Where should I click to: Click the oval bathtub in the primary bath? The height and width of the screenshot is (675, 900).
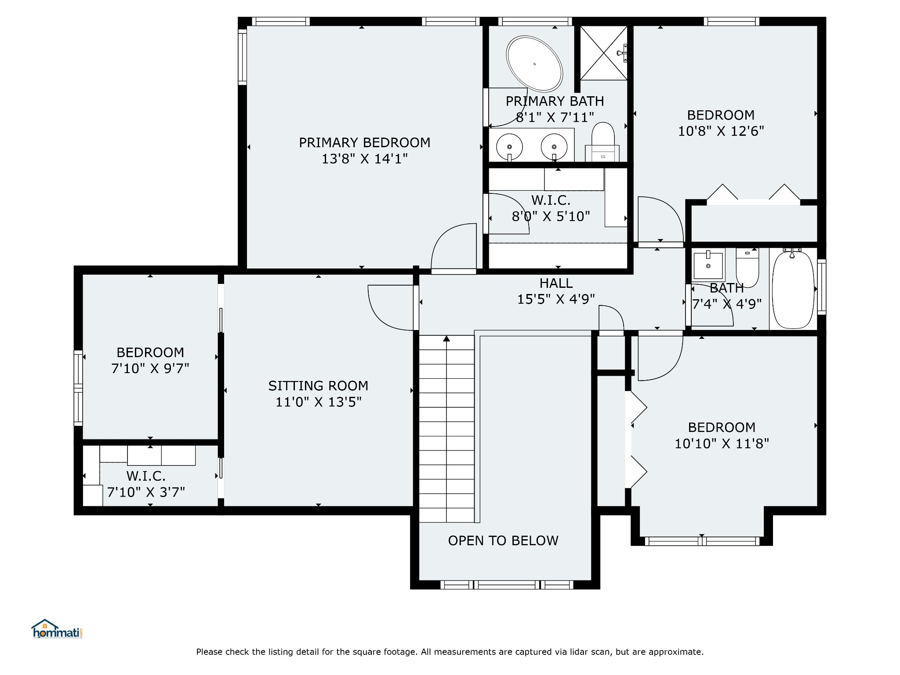[x=534, y=64]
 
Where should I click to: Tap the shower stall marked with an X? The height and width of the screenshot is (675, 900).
[x=604, y=53]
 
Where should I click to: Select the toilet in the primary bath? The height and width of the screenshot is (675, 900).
[x=602, y=142]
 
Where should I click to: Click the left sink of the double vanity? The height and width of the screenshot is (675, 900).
[x=510, y=147]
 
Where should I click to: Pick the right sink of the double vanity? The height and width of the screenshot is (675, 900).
[x=554, y=147]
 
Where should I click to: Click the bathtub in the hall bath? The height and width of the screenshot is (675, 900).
[x=793, y=289]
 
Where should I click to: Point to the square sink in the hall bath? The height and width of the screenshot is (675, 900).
[x=708, y=265]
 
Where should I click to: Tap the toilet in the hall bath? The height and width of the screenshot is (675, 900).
[x=748, y=267]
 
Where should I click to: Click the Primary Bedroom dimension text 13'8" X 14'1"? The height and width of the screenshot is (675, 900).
[x=365, y=159]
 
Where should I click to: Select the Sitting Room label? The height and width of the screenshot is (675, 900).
[x=318, y=386]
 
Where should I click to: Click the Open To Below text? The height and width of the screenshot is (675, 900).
[x=503, y=541]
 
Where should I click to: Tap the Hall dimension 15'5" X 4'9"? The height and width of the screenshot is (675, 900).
[x=556, y=299]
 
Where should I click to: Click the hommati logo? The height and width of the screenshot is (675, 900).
[x=57, y=629]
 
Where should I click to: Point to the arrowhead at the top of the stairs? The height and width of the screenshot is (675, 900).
[x=446, y=338]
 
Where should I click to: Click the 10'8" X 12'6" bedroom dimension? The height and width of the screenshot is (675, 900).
[x=721, y=131]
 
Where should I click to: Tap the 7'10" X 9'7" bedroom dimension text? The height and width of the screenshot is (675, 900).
[x=150, y=368]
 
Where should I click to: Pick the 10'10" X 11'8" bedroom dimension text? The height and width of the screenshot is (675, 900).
[x=722, y=443]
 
